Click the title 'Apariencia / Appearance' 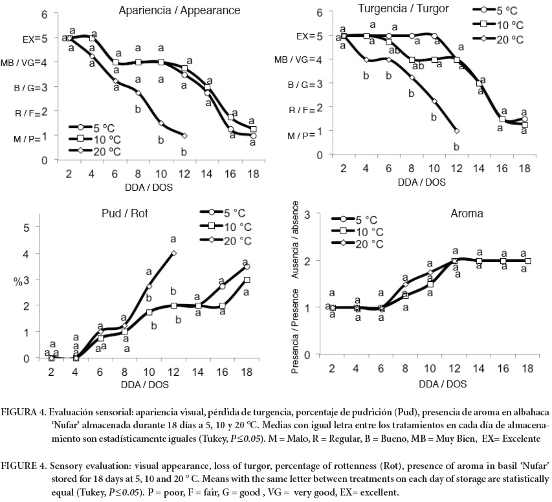pos(170,10)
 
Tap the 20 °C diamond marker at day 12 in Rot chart pos(174,253)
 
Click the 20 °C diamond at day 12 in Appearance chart pos(184,136)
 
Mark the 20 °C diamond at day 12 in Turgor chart pos(457,131)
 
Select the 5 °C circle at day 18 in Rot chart pos(247,267)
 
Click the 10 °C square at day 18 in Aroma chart pos(528,261)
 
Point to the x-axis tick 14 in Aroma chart pos(479,368)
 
